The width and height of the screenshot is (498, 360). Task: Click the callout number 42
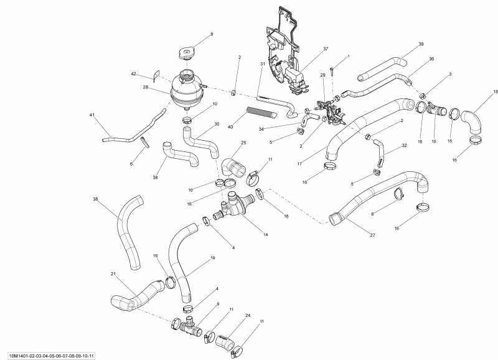tap(133, 74)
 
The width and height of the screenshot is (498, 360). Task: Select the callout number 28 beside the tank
tap(145, 88)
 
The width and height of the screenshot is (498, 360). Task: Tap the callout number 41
tap(92, 116)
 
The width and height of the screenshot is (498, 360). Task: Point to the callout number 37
tap(325, 49)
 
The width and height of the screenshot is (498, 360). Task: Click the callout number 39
tap(421, 44)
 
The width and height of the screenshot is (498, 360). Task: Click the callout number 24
tap(248, 316)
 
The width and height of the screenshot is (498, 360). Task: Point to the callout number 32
tap(404, 146)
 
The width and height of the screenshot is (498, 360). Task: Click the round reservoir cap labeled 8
tap(187, 52)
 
